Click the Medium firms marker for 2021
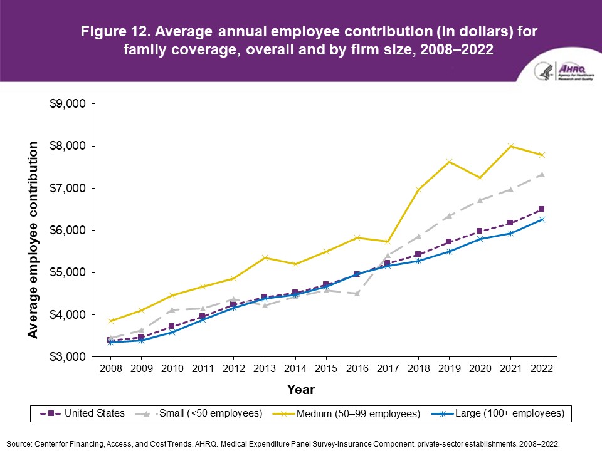[510, 146]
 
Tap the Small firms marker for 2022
[541, 175]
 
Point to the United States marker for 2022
[541, 209]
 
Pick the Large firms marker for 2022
[541, 219]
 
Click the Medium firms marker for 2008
[111, 321]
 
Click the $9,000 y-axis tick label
[67, 104]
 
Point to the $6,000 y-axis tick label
[67, 231]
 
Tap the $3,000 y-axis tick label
[67, 357]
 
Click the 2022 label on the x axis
[541, 369]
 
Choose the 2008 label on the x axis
[111, 369]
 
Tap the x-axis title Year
[301, 390]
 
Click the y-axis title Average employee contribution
[33, 240]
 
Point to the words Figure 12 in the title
[112, 32]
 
